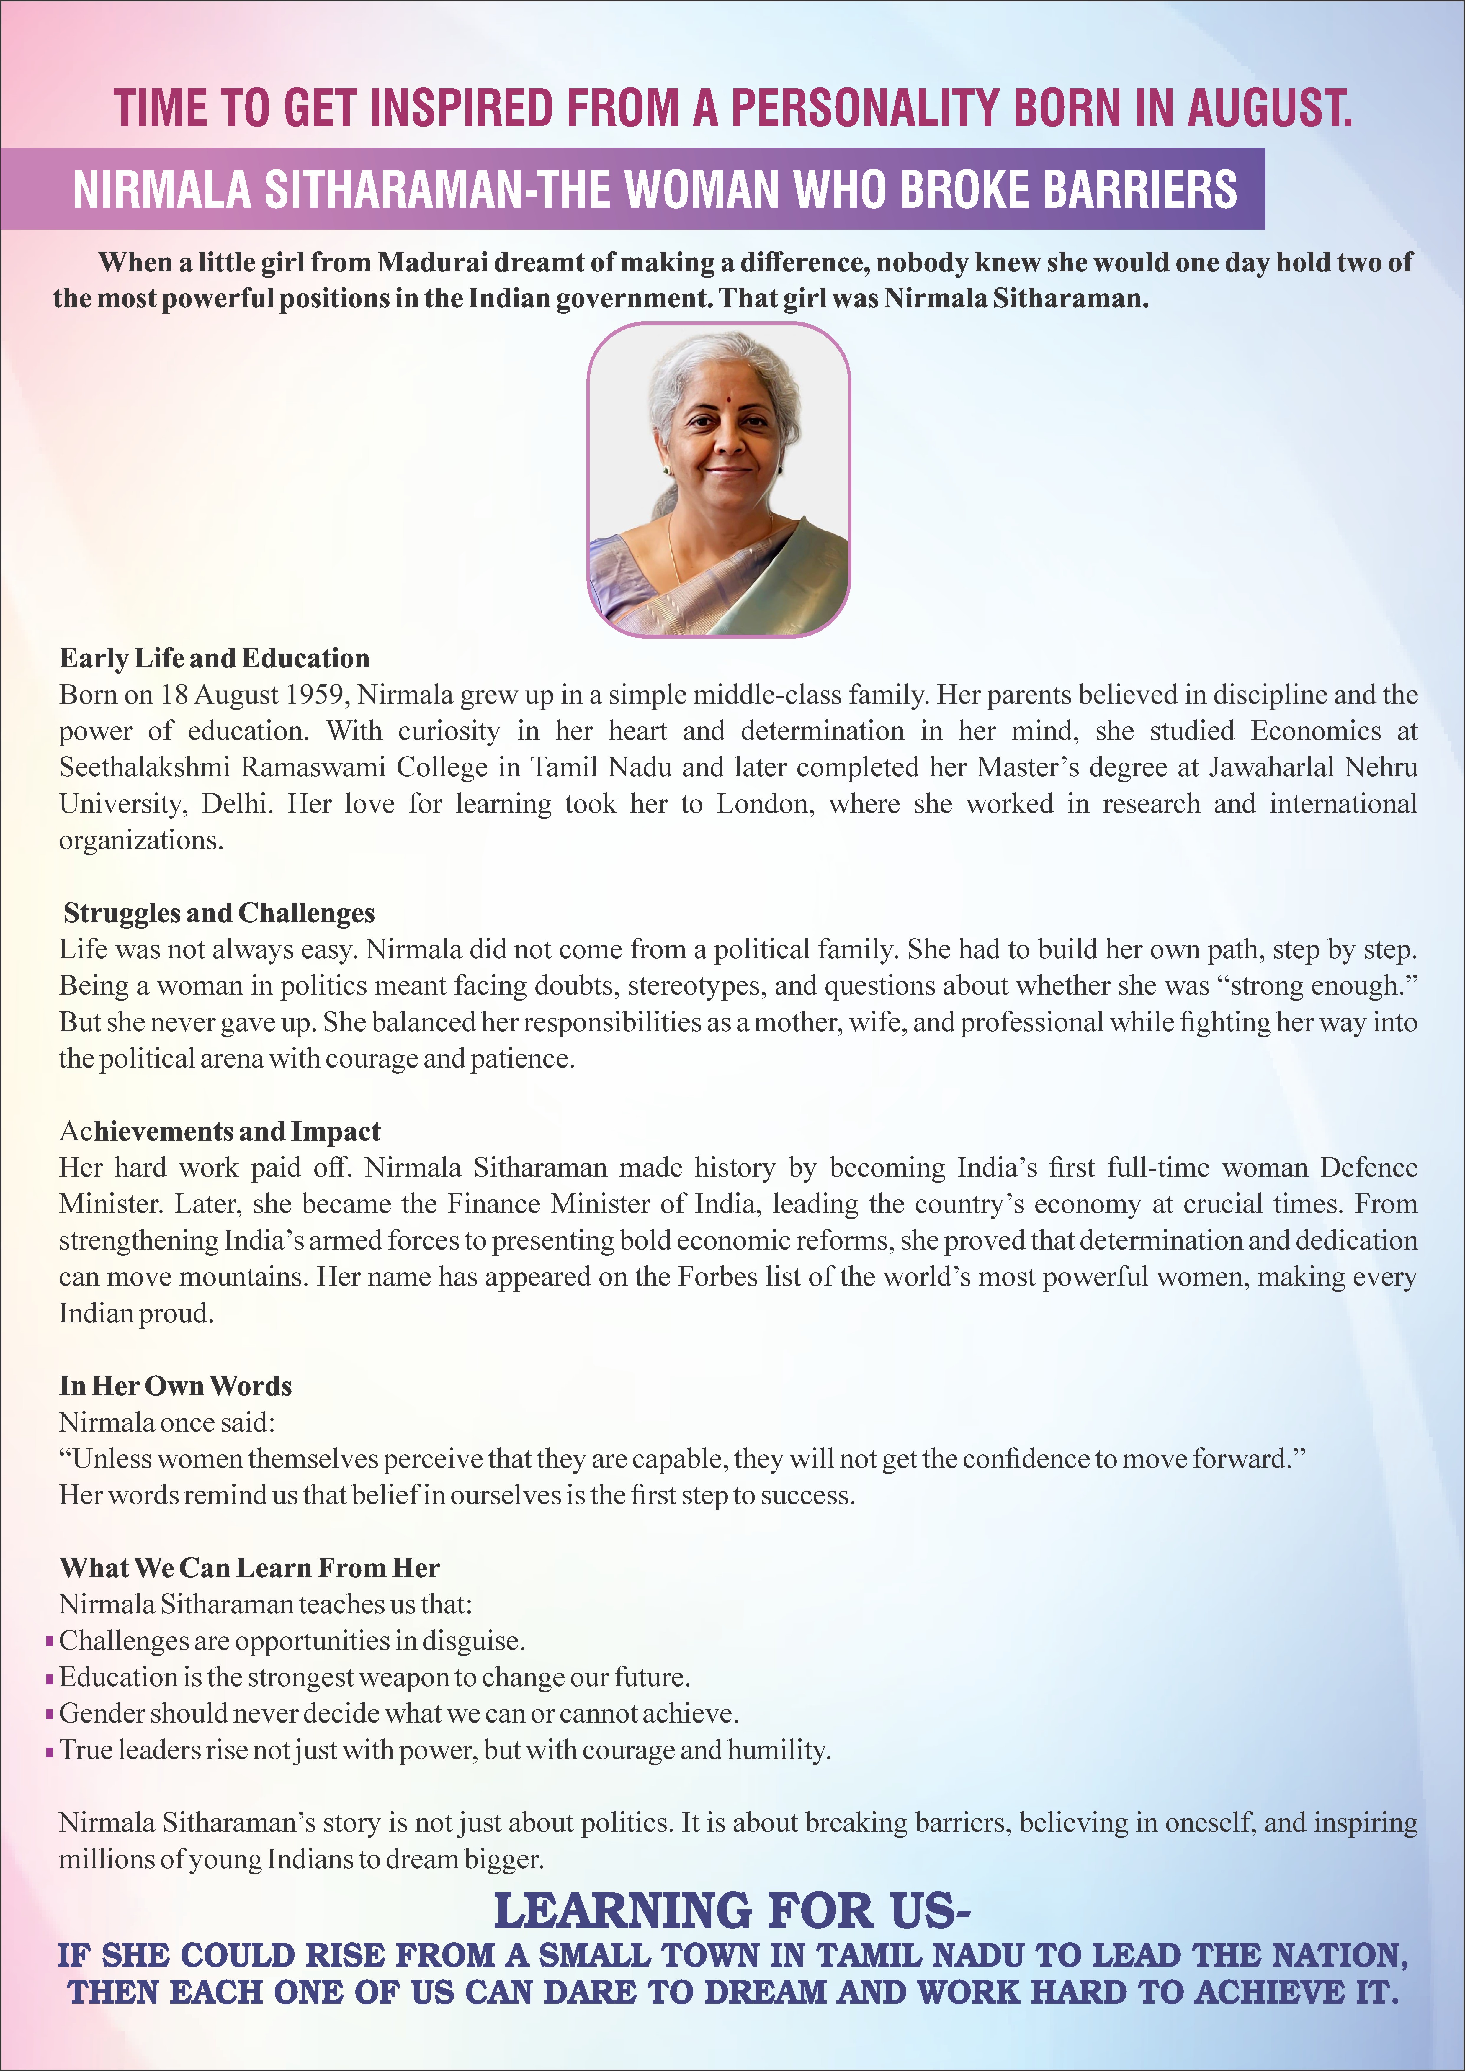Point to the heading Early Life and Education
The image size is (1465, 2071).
[x=215, y=659]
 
